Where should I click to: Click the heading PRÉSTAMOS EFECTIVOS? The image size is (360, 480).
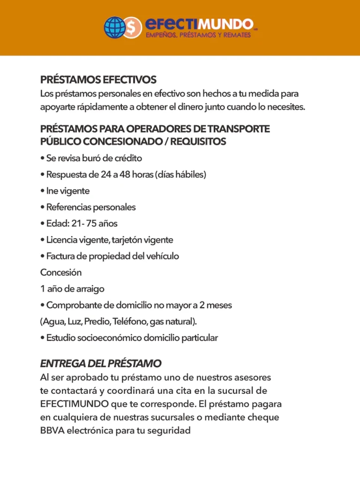click(x=98, y=80)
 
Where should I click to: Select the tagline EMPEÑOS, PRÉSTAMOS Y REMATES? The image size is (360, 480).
click(x=197, y=36)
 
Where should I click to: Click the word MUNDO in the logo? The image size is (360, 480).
click(x=228, y=24)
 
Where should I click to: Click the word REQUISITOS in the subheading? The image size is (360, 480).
click(x=198, y=142)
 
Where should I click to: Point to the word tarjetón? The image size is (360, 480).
click(x=127, y=240)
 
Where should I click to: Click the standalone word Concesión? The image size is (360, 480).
click(x=61, y=272)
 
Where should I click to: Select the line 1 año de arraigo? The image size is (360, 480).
click(x=72, y=289)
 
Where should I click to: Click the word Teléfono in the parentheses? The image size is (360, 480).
click(x=130, y=322)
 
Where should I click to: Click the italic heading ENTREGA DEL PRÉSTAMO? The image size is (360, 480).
click(x=101, y=364)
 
